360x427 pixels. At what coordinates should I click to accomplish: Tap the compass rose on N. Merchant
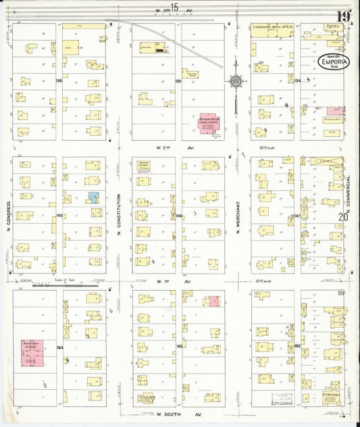click(x=236, y=82)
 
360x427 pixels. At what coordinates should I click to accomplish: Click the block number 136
click(x=59, y=80)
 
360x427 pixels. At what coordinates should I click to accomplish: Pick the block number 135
click(x=178, y=80)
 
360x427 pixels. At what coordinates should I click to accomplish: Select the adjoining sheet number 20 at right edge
click(x=343, y=216)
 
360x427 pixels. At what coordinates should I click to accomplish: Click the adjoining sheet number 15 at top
click(x=175, y=7)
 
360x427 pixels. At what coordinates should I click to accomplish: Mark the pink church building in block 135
click(x=210, y=124)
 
